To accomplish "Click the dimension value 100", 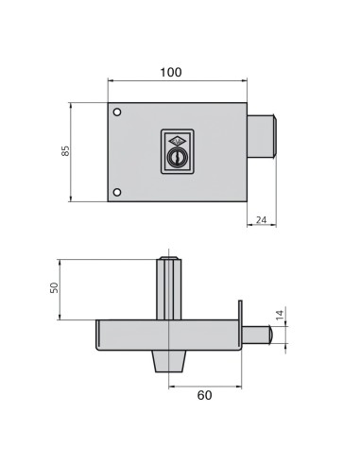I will [171, 72].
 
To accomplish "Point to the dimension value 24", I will [262, 219].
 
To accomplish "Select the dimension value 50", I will [54, 287].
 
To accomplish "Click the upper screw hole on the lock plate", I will [117, 113].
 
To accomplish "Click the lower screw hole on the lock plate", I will [117, 193].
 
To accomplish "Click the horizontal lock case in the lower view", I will [166, 335].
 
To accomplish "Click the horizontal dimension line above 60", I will [205, 384].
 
